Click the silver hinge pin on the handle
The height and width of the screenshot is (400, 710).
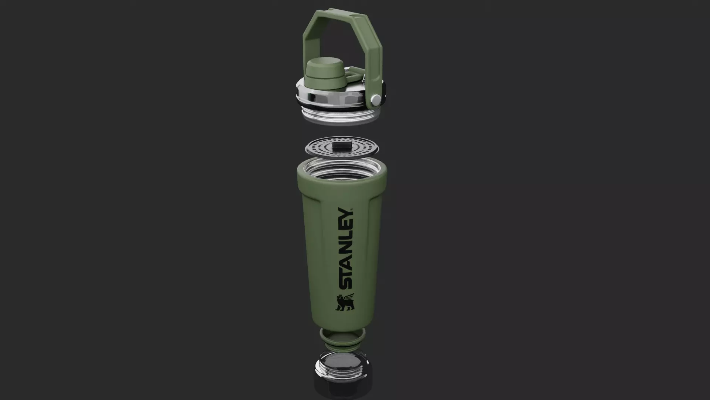[376, 99]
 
